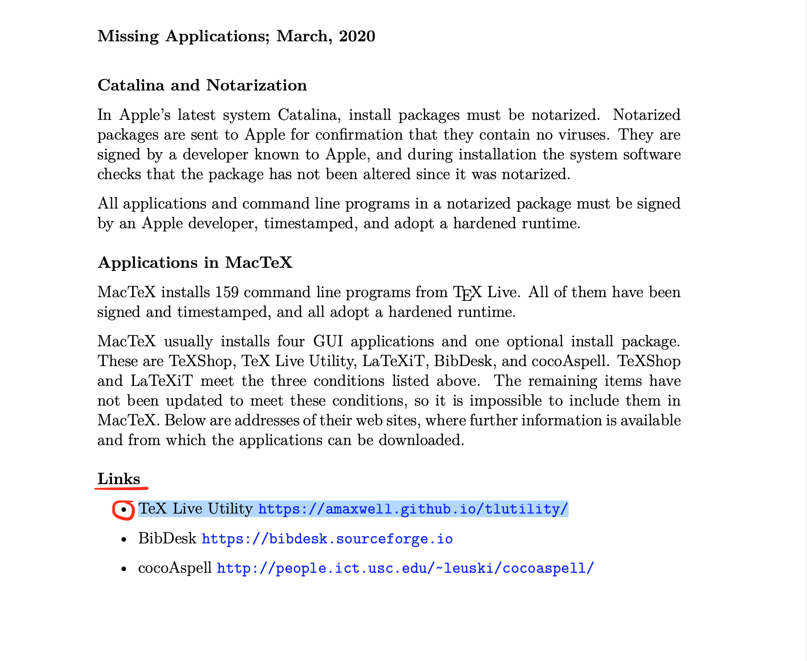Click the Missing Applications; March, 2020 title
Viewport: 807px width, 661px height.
tap(236, 36)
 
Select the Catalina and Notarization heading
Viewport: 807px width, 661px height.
tap(202, 85)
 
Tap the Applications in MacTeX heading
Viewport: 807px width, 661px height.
tap(195, 262)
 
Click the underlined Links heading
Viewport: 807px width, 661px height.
tap(118, 479)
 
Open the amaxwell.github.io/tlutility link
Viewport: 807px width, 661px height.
tap(413, 509)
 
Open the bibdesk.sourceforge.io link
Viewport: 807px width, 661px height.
tap(327, 539)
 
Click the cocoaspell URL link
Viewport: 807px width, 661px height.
tap(405, 568)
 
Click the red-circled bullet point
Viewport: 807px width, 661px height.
tap(123, 510)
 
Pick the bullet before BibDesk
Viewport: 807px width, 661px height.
tap(123, 540)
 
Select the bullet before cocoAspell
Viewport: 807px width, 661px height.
tap(123, 569)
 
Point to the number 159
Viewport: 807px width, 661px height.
tap(226, 292)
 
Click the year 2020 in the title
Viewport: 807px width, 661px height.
tap(357, 36)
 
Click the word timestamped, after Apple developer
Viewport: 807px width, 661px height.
tap(309, 223)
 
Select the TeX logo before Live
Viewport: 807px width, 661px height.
tap(467, 293)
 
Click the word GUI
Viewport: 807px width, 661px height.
tap(327, 341)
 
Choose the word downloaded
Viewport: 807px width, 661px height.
tap(421, 440)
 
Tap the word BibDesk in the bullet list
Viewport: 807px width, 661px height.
tap(167, 538)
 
